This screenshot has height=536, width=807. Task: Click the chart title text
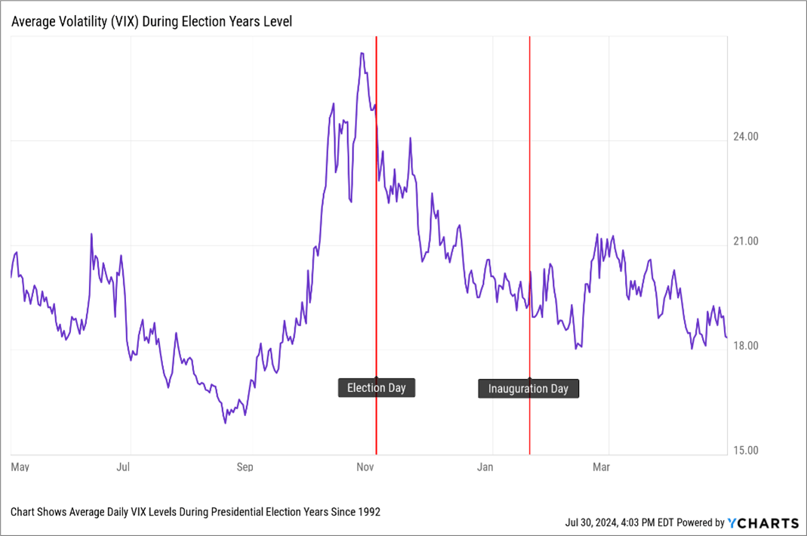coord(151,22)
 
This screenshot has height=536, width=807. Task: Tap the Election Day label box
coord(376,388)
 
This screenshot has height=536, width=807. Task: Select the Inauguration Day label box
coord(528,389)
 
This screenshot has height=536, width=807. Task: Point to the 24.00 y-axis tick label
coord(745,137)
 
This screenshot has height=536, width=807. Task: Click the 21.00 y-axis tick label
coord(745,242)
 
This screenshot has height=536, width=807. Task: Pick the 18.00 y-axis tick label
coord(745,346)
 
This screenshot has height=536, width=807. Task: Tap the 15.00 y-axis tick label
coord(745,451)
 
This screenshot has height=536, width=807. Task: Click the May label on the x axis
coord(20,467)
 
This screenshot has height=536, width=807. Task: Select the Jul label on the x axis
coord(124,467)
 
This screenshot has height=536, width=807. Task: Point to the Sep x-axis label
coord(245,467)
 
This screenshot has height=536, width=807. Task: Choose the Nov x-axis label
coord(365,467)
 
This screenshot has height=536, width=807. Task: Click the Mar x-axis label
coord(601,467)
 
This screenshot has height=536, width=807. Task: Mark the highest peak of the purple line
coord(362,54)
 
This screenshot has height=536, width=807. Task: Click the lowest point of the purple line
coord(225,422)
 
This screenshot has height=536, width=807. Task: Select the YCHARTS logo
coord(762,522)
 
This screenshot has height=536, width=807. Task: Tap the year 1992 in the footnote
coord(368,512)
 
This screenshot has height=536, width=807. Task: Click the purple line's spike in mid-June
coord(92,234)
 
